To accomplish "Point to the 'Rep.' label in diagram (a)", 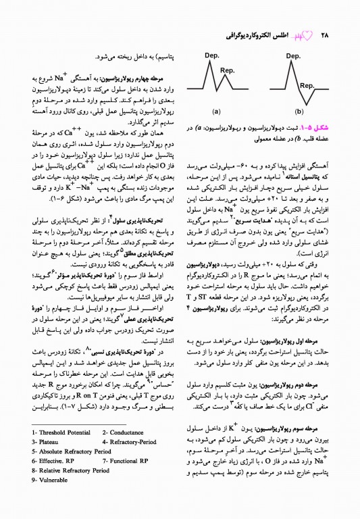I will point(227,70).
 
